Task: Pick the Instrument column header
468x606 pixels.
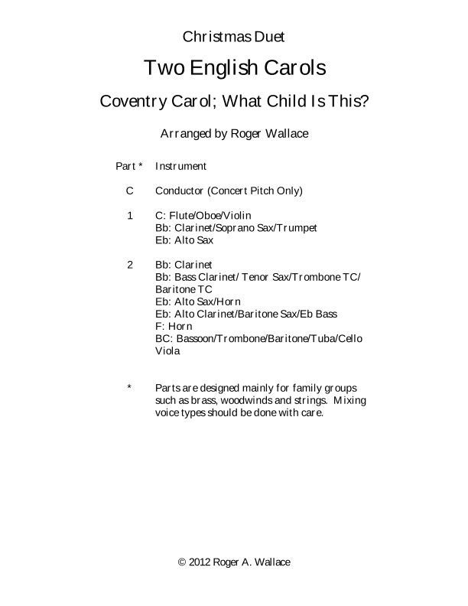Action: click(180, 166)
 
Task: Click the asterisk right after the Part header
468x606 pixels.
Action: click(140, 165)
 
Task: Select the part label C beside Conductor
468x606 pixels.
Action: click(130, 191)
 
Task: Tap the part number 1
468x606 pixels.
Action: click(130, 215)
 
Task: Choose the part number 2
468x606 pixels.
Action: click(130, 265)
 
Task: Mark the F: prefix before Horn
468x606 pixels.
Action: click(160, 327)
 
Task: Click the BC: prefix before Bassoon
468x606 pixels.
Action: click(164, 339)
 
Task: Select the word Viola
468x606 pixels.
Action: click(167, 351)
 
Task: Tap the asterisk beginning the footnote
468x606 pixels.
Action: click(130, 388)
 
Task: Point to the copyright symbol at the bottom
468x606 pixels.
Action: click(182, 562)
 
